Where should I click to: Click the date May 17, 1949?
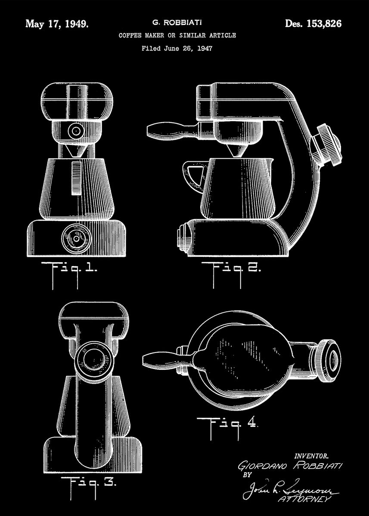[57, 24]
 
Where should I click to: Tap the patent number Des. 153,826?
[313, 24]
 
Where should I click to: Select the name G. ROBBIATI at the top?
[177, 21]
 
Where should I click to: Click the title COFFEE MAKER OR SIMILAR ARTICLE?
[177, 36]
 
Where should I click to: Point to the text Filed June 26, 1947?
[177, 49]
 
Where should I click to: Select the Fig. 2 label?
[236, 270]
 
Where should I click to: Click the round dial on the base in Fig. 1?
[76, 237]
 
